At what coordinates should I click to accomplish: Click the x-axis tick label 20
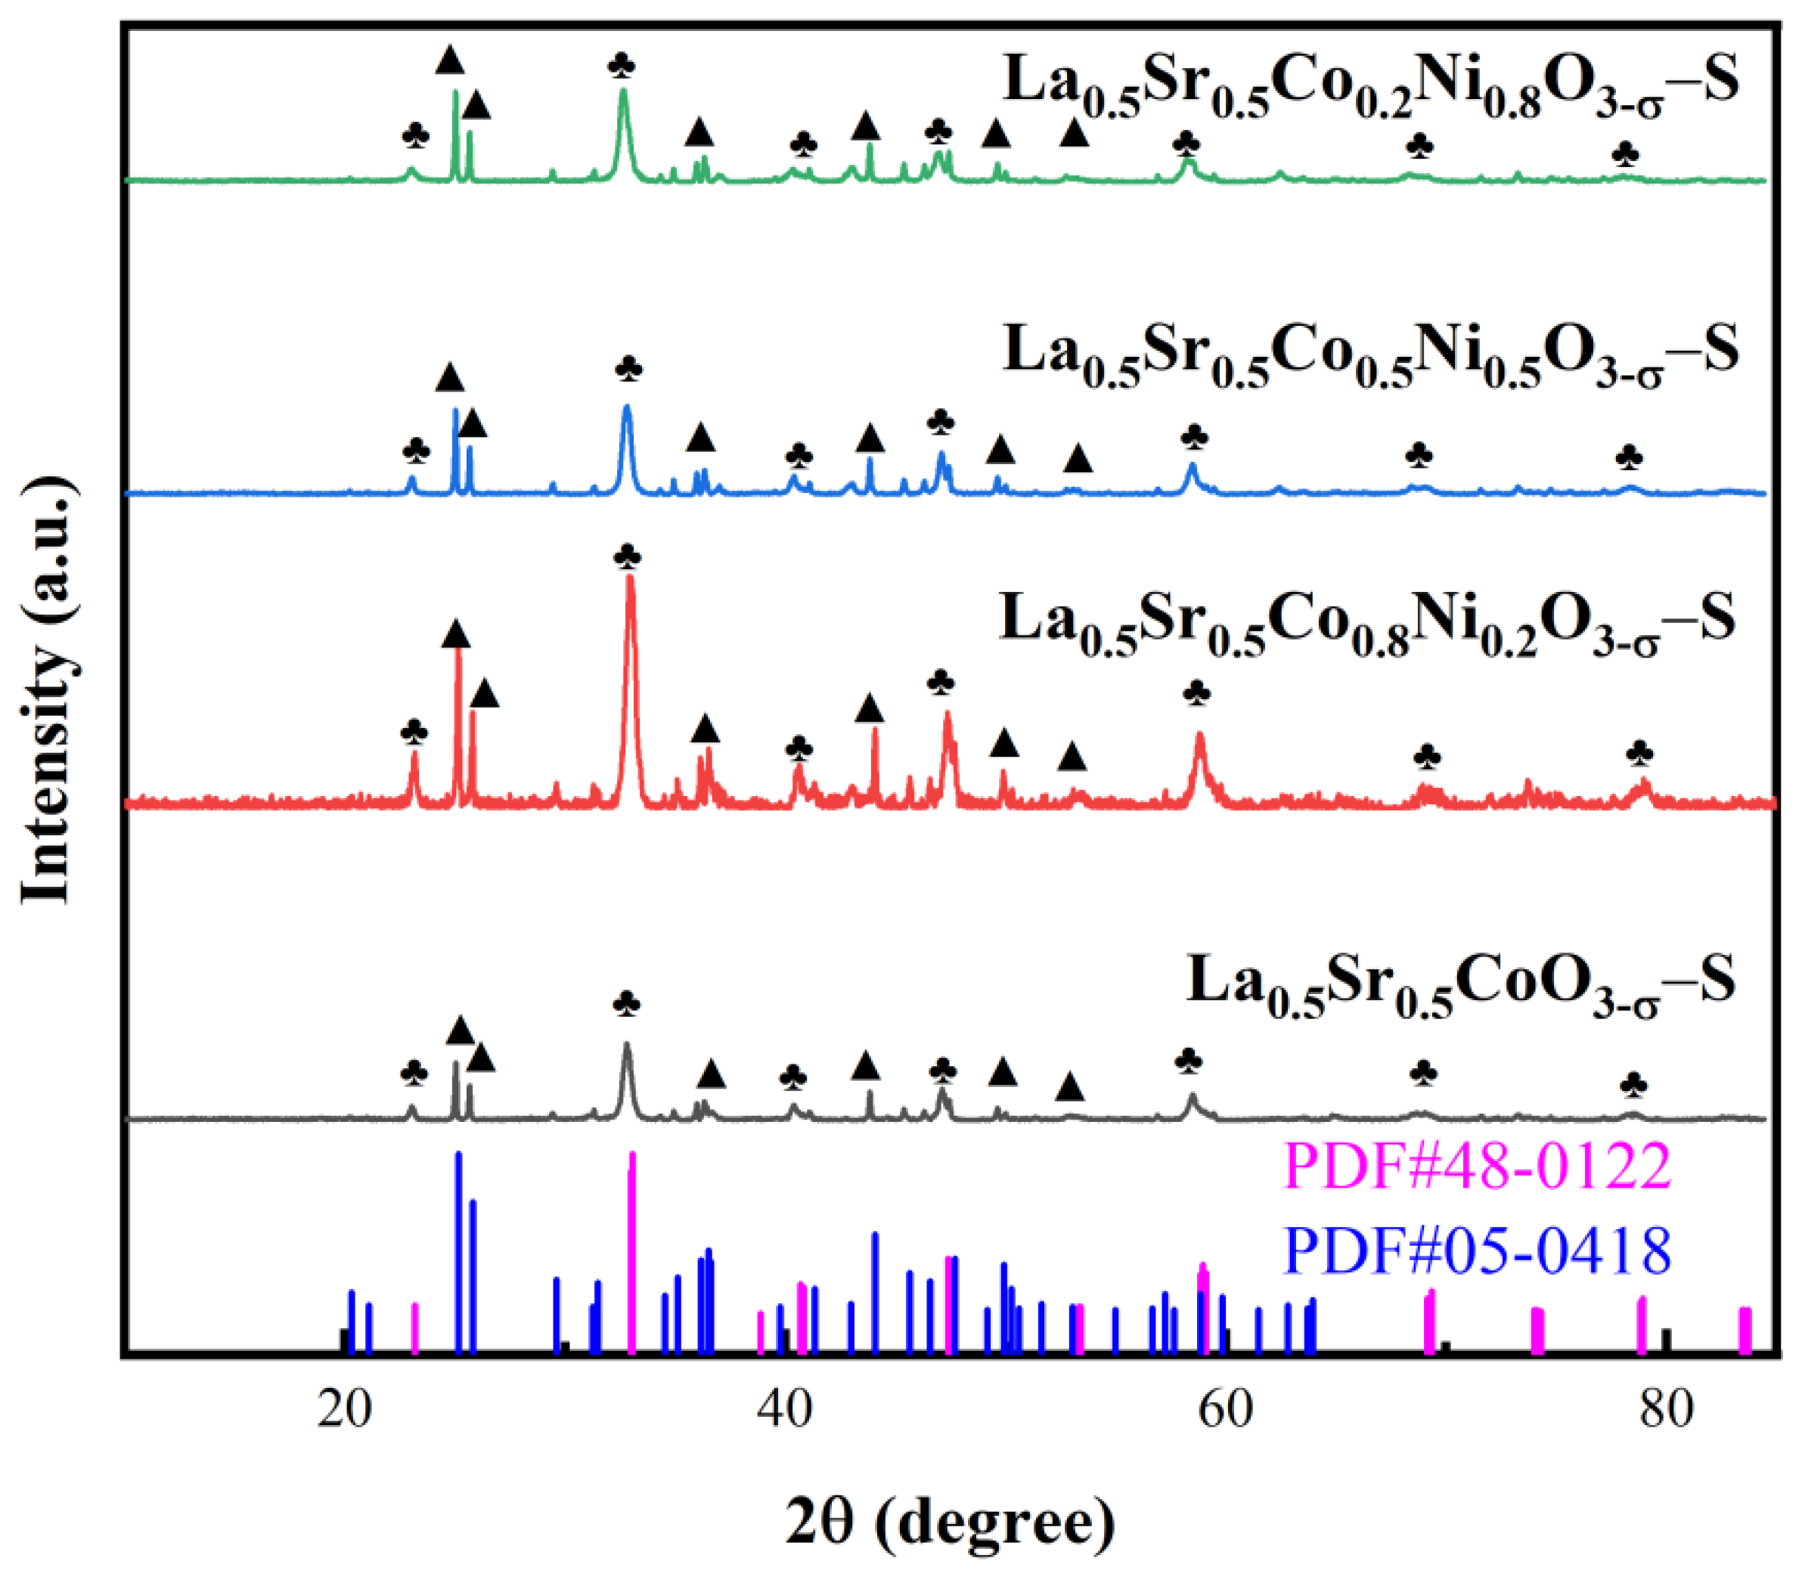[344, 1410]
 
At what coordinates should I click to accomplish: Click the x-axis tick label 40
[783, 1410]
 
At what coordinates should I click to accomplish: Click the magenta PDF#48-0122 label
[1478, 1166]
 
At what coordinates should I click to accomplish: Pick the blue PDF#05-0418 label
[1478, 1250]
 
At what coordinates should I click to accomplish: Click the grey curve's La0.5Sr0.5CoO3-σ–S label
[1461, 985]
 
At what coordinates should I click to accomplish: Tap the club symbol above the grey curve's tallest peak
[626, 1004]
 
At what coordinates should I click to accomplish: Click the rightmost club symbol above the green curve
[1625, 155]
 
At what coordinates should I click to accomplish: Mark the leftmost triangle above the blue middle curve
[450, 378]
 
